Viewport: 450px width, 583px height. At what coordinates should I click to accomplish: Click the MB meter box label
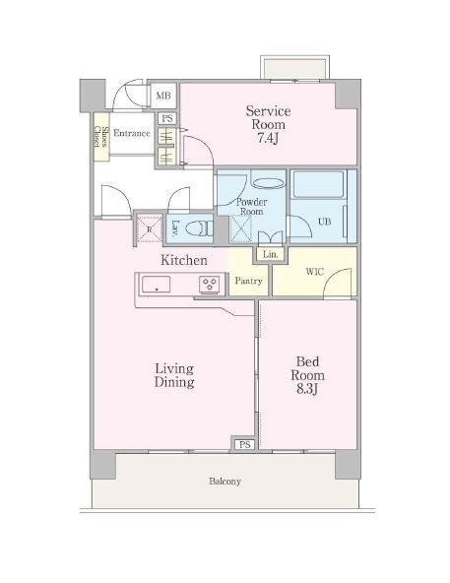163,96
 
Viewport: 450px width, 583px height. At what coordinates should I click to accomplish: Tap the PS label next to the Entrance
167,118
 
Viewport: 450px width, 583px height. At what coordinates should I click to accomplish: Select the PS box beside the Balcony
244,444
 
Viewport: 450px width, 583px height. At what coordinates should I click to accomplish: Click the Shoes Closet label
101,137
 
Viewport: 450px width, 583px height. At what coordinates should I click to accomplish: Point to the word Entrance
132,133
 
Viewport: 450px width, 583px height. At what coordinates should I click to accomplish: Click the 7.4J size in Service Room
268,138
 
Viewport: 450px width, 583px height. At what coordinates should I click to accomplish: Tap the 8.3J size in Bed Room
307,389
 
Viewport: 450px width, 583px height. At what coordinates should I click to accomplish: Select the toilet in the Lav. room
199,227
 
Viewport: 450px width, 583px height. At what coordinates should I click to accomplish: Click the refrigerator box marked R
150,228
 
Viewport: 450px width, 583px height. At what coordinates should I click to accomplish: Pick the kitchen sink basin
157,285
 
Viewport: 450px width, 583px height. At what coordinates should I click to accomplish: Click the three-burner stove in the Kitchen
210,285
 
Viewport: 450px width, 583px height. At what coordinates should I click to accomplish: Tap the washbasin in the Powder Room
268,183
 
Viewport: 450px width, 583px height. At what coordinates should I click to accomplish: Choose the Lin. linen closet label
271,255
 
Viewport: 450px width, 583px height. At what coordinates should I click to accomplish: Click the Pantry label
248,281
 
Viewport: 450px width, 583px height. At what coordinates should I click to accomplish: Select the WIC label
315,272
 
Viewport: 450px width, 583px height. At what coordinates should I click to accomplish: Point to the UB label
325,222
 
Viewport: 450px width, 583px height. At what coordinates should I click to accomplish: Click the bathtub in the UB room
318,184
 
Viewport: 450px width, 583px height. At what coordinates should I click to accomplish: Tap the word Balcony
225,482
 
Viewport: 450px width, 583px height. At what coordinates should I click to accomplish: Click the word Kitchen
184,260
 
